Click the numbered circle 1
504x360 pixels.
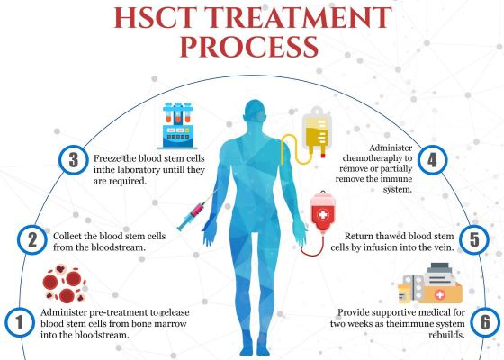click(20, 322)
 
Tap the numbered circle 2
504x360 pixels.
click(32, 239)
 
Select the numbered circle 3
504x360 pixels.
click(74, 160)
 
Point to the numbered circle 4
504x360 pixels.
click(432, 160)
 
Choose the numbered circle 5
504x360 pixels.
click(474, 239)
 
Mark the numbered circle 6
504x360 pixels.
click(485, 322)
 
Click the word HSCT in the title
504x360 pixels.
click(155, 17)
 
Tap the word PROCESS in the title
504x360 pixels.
click(249, 47)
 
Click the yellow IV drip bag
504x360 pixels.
click(317, 131)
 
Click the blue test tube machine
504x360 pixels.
click(177, 126)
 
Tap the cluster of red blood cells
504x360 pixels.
click(64, 283)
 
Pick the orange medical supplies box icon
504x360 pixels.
click(430, 283)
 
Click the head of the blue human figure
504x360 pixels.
click(255, 110)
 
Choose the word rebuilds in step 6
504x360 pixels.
click(446, 335)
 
